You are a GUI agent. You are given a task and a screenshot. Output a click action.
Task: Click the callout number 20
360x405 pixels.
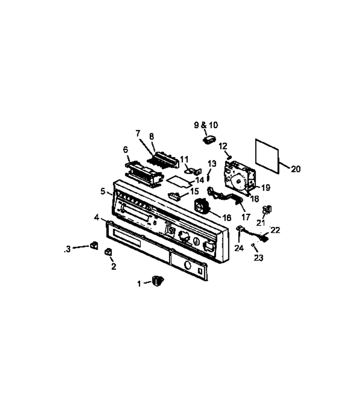(296, 169)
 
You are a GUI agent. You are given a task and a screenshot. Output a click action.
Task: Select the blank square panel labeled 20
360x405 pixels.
(267, 156)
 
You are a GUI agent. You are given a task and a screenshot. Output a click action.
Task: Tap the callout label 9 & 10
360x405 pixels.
(206, 125)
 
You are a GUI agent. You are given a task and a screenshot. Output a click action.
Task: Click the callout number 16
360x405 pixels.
(227, 218)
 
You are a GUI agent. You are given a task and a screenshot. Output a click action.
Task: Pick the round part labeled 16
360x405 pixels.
(201, 206)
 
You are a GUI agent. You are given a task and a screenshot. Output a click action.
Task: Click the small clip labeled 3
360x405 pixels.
(94, 245)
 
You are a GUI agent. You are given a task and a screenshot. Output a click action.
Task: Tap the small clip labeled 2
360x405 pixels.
(108, 252)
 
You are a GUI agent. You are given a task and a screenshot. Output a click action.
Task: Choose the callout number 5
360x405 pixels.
(103, 191)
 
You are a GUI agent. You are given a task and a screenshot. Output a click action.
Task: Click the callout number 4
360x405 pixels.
(97, 218)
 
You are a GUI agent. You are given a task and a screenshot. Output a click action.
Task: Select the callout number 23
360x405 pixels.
(258, 257)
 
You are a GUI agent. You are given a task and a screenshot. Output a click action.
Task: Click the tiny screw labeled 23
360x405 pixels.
(253, 245)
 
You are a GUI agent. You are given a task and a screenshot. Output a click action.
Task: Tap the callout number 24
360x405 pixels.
(239, 248)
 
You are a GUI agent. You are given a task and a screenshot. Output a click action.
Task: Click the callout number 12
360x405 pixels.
(223, 146)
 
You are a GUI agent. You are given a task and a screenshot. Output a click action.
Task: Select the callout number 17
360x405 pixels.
(246, 217)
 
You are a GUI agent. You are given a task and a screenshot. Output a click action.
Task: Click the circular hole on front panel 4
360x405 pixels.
(188, 265)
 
